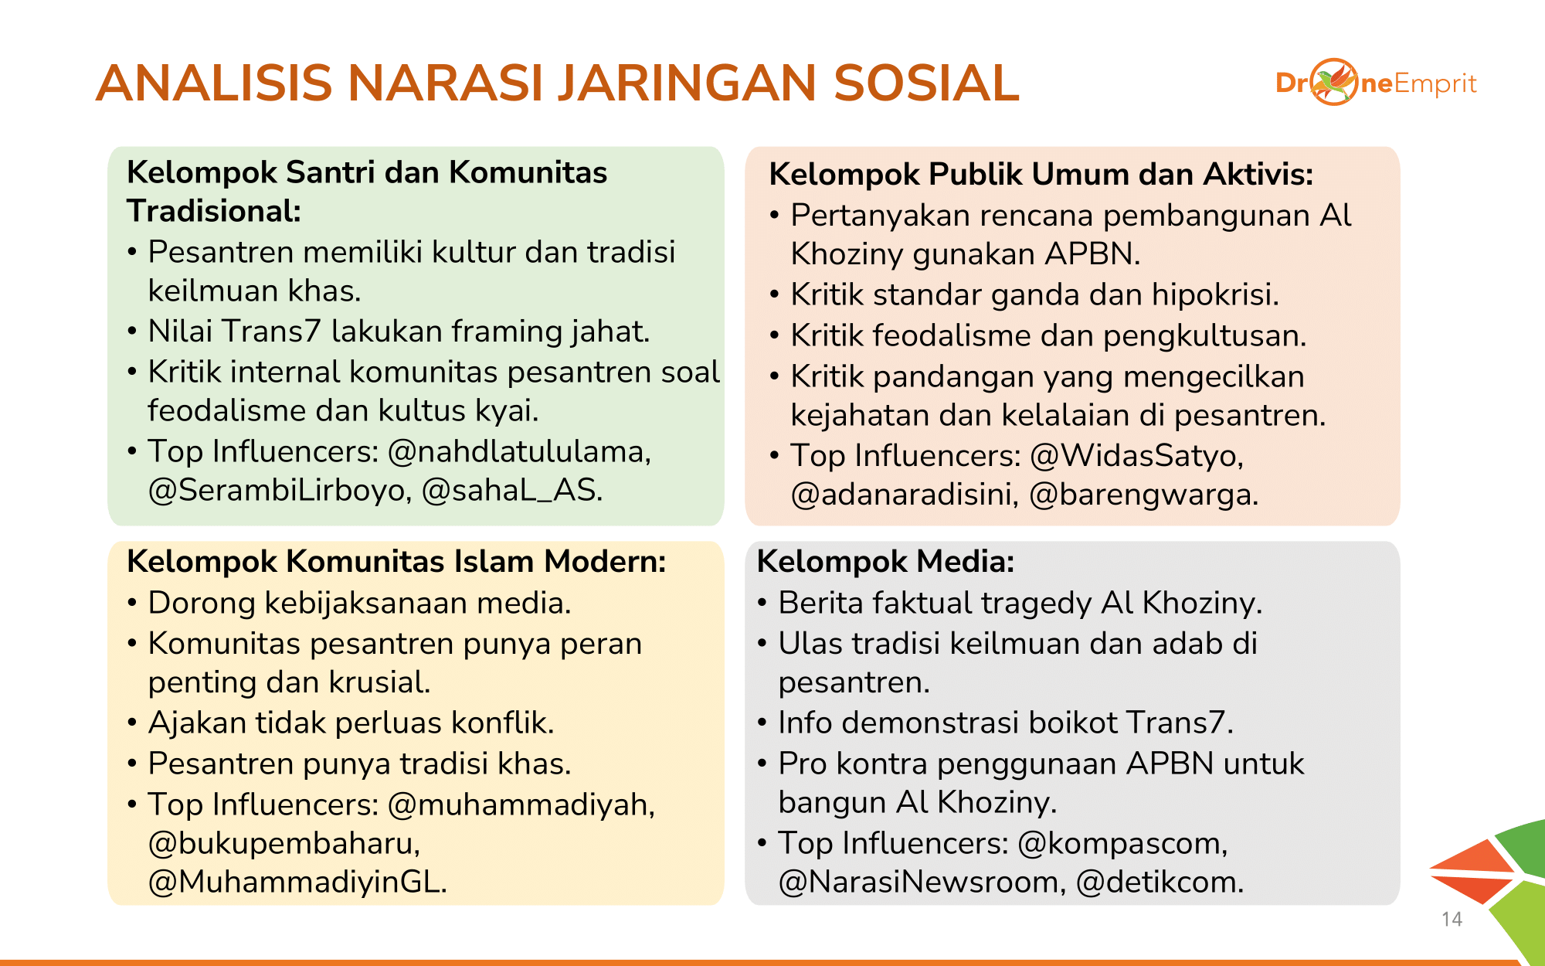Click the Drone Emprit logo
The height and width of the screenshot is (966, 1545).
click(x=1376, y=82)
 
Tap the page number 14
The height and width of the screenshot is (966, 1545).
click(x=1452, y=919)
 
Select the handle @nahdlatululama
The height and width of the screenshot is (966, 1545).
click(x=518, y=451)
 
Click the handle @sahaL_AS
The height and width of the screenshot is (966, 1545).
click(x=511, y=491)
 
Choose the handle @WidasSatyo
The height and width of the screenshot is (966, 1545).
click(x=1136, y=456)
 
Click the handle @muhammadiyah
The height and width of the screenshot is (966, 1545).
click(x=521, y=805)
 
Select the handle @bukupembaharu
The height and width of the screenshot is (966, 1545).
click(x=284, y=844)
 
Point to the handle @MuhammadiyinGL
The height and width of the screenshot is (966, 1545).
click(x=297, y=883)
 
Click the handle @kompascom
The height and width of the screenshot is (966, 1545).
click(x=1122, y=844)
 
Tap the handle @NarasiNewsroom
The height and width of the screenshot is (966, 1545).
click(x=922, y=883)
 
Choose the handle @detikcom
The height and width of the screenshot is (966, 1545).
click(x=1160, y=883)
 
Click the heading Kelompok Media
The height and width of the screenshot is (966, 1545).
click(x=885, y=562)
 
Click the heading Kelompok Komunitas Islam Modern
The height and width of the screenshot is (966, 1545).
click(x=396, y=562)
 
